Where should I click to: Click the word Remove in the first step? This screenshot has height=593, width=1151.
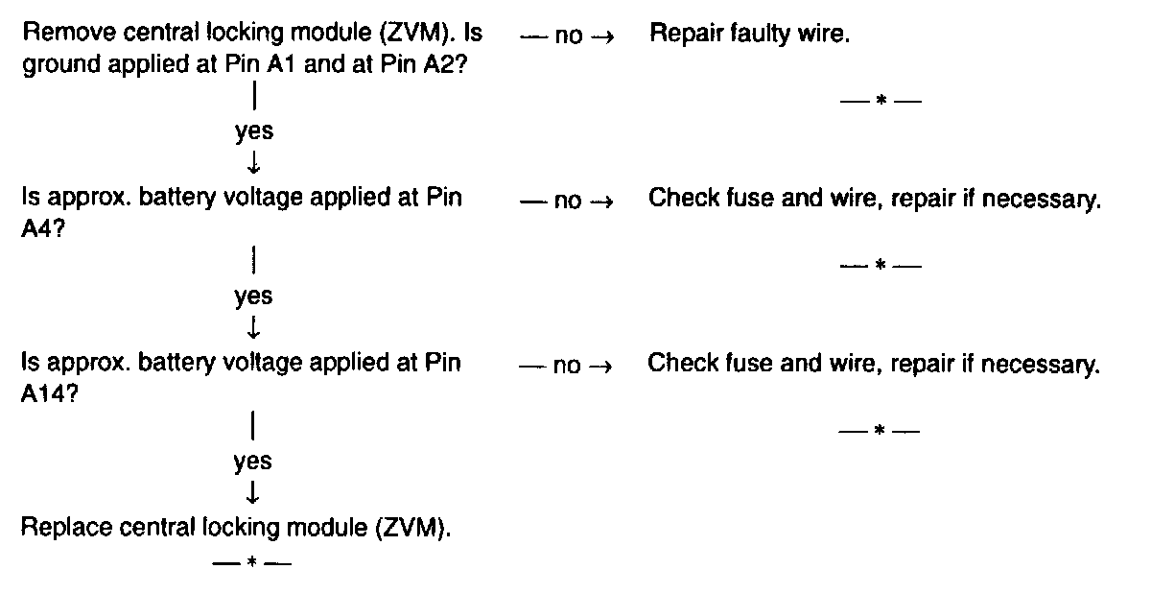tap(59, 35)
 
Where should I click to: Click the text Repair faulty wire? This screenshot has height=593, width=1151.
tap(749, 36)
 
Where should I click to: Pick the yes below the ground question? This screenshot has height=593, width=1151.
tap(253, 131)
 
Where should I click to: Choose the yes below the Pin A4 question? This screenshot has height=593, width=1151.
tap(253, 296)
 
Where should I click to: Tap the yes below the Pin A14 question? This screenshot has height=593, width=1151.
tap(252, 462)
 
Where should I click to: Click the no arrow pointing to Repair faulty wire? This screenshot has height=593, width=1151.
tap(566, 37)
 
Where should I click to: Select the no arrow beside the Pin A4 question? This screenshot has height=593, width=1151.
tap(566, 202)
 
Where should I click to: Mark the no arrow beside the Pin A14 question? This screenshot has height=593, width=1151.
tap(566, 367)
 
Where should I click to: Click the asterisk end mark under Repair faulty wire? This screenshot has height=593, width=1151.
tap(880, 101)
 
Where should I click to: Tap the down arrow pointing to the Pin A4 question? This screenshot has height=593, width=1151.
tap(253, 163)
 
